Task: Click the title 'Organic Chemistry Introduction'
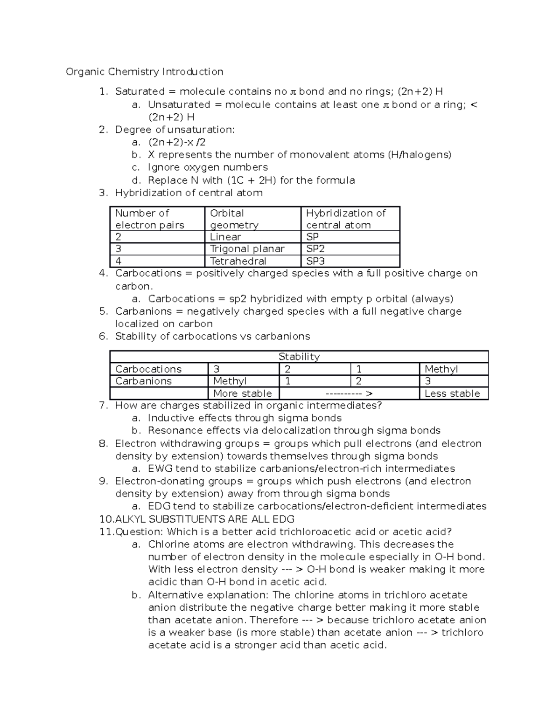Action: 144,72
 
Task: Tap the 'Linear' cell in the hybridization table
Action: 225,237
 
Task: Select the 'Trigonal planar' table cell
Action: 247,249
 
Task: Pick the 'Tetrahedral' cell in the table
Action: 238,261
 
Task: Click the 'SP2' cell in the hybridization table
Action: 315,249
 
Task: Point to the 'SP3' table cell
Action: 315,261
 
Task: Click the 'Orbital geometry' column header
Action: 233,219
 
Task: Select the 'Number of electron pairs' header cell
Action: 149,219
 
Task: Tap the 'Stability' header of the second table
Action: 299,357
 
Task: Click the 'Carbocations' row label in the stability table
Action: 148,369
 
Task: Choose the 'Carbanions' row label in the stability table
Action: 143,381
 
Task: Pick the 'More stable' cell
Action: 242,393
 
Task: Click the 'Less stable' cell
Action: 452,393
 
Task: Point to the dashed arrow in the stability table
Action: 349,393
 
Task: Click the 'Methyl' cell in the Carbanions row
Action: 230,381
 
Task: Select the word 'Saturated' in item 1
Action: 140,92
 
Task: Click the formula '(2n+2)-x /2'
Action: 176,142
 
